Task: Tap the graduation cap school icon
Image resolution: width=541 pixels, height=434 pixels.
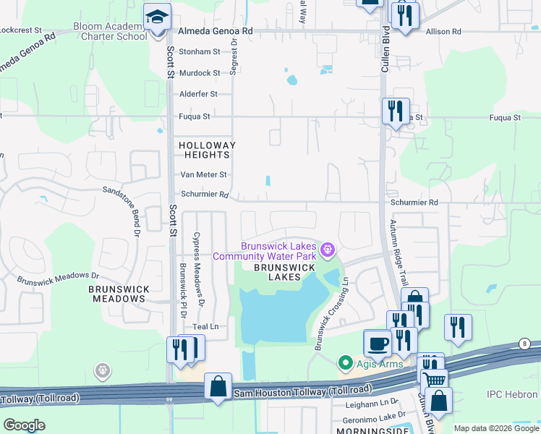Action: point(156,17)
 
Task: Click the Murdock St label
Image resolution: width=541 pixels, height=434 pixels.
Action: point(199,73)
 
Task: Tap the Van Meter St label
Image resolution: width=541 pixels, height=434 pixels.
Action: point(203,174)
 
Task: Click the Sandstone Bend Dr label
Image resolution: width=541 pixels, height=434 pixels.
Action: point(119,210)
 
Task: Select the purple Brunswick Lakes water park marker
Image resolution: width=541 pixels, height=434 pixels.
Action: point(328,250)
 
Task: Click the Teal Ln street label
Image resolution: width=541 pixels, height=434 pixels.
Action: point(205,327)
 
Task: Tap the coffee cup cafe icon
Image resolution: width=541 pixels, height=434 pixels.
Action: point(377,343)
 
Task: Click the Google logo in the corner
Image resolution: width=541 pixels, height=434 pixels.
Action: point(24,425)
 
